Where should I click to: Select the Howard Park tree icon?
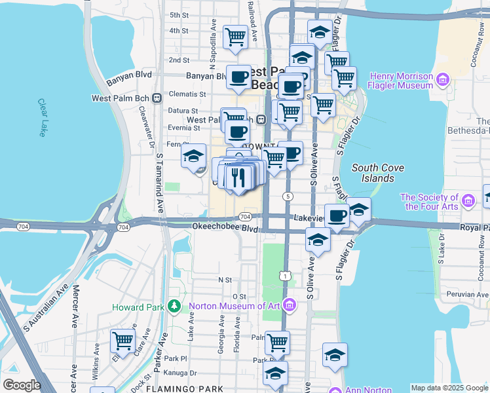point(174,307)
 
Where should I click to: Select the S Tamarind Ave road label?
point(159,183)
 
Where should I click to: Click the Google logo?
point(21,385)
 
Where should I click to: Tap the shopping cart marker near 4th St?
point(235,37)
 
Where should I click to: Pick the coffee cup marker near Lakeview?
point(337,215)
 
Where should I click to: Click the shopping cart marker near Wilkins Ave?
point(122,341)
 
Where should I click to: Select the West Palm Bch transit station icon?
point(157,98)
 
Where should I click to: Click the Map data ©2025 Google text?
point(449,388)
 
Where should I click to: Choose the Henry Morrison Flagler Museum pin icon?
point(443,81)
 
